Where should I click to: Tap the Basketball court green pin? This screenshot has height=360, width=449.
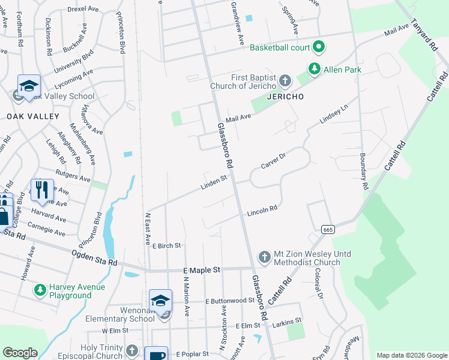[319, 47]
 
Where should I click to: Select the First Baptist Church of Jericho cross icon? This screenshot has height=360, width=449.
[285, 81]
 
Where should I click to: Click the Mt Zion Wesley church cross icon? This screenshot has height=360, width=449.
[264, 257]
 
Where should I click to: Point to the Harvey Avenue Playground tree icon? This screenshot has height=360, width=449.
[40, 290]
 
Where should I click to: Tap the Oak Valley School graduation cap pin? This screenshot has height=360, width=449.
[29, 86]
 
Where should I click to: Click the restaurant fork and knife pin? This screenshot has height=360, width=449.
[41, 189]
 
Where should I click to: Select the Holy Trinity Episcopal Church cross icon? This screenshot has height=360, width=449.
[132, 350]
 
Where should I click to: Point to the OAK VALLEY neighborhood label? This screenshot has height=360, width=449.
[33, 116]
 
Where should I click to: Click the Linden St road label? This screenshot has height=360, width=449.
[214, 182]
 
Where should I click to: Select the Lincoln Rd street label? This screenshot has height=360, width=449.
[262, 211]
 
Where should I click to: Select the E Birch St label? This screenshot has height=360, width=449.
[166, 246]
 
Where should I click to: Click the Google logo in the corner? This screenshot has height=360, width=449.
[20, 353]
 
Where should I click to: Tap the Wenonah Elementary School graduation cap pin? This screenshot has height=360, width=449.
[161, 301]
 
